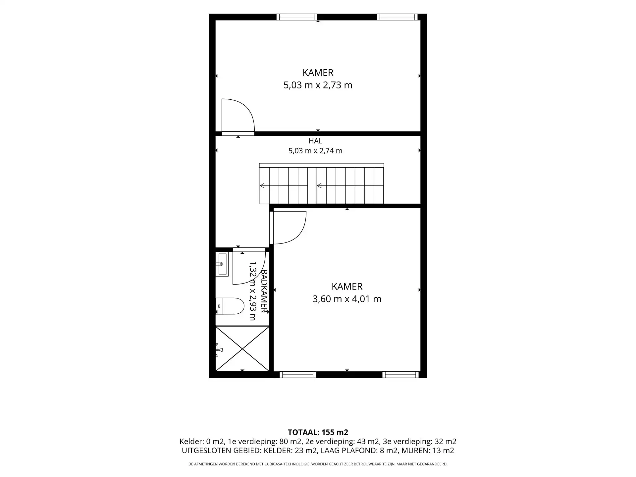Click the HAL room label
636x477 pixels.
315,141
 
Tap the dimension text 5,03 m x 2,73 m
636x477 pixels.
318,85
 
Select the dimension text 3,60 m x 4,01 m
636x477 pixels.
347,299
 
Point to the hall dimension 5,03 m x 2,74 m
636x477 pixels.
315,151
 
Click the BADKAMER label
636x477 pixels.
264,291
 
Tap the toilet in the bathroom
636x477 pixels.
230,306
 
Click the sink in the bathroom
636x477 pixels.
222,264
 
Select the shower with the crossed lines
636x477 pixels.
242,348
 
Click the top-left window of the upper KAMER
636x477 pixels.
297,17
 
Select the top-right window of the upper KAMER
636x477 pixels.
397,17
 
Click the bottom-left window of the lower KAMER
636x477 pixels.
297,375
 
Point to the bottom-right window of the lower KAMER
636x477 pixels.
400,375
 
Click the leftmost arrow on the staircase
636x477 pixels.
262,185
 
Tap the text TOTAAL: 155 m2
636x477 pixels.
318,432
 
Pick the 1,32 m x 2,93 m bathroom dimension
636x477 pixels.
253,291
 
